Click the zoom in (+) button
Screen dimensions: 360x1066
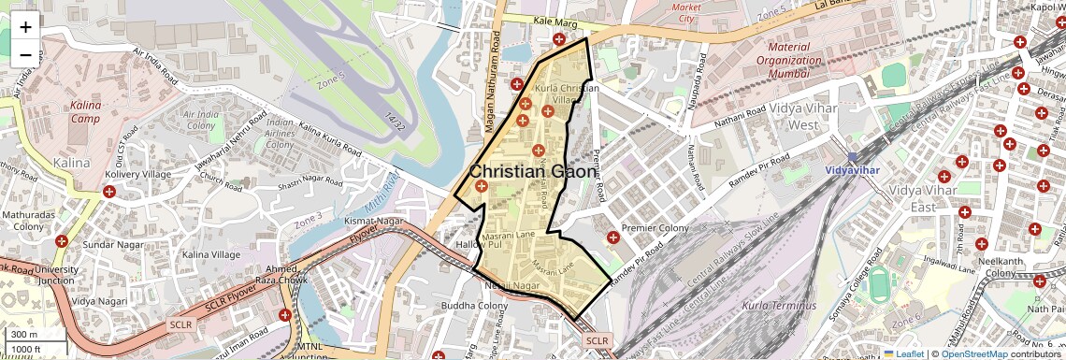(x=25, y=26)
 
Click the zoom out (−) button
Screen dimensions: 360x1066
(x=25, y=54)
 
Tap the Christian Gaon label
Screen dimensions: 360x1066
(x=532, y=172)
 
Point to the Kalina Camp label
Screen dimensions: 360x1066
(x=85, y=112)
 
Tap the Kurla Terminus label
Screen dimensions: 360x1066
(x=779, y=306)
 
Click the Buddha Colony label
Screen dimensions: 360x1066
(x=475, y=306)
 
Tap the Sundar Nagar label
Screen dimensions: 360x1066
(x=110, y=244)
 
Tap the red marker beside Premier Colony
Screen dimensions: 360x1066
(x=612, y=237)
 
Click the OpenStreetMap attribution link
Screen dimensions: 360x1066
(x=974, y=353)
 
